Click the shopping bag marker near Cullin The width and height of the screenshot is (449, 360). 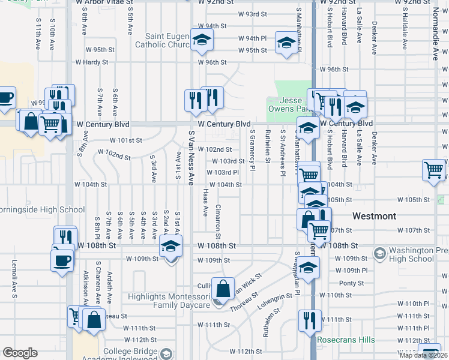pos(223,289)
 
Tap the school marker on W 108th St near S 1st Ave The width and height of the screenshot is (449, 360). pos(170,247)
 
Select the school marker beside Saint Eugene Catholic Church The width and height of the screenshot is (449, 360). pos(202,40)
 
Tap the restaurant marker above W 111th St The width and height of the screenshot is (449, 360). pos(309,320)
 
